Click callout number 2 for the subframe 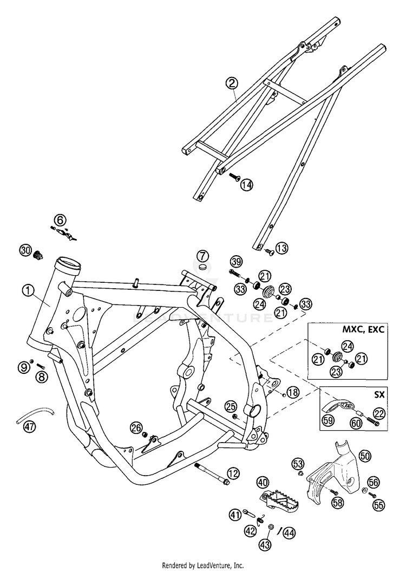[232, 83]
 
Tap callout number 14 [246, 185]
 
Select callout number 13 [281, 248]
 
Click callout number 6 [61, 220]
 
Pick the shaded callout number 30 [25, 250]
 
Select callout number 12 [233, 473]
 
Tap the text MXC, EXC [363, 329]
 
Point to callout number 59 [328, 420]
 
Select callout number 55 [379, 505]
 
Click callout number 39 [236, 262]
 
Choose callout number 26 [137, 428]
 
